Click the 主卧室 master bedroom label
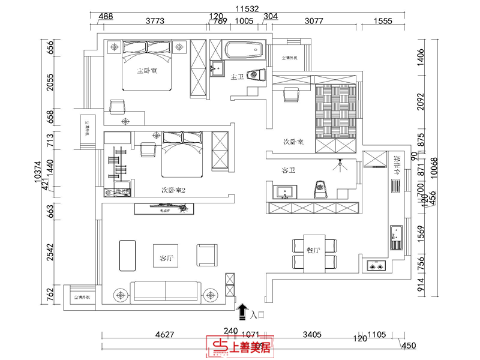147,71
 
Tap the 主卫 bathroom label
236,77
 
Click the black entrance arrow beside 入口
242,311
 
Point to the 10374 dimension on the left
37,171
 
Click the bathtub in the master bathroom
244,50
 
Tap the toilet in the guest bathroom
321,189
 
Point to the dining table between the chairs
315,253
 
